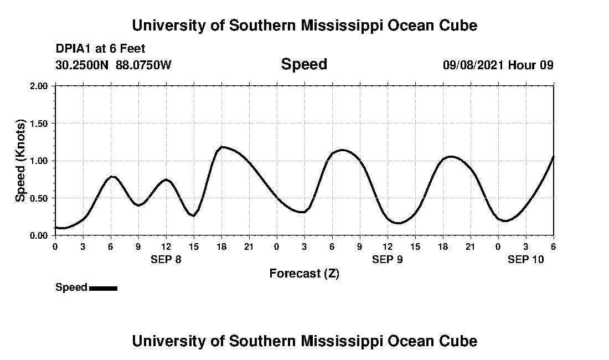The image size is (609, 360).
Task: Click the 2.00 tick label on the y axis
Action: [x=40, y=86]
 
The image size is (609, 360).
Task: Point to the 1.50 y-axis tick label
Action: [x=40, y=123]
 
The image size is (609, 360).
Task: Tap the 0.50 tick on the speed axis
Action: [x=40, y=198]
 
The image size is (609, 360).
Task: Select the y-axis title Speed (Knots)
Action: [x=20, y=160]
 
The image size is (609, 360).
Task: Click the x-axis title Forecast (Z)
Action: [x=304, y=273]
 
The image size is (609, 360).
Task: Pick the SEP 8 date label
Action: [x=166, y=259]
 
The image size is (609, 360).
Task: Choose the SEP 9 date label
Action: [x=388, y=259]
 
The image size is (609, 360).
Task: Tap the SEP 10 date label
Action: [x=526, y=259]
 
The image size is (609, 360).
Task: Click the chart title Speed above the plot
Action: [x=304, y=64]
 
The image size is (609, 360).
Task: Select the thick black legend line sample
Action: [x=103, y=288]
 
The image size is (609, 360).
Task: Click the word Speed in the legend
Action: [x=71, y=287]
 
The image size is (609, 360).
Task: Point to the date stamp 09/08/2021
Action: [x=473, y=65]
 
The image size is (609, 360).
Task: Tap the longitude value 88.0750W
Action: [x=144, y=65]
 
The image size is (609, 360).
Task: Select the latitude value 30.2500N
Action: [x=83, y=65]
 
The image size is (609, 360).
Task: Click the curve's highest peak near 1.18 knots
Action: [x=222, y=147]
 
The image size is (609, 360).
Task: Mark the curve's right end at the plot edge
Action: [x=553, y=157]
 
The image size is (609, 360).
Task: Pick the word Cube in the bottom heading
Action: [x=461, y=341]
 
